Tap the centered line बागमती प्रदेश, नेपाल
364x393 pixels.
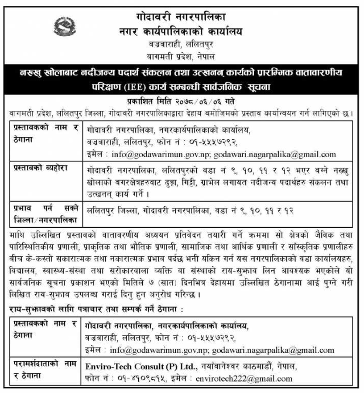click(x=182, y=57)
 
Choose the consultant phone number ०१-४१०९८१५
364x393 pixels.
click(x=139, y=379)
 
